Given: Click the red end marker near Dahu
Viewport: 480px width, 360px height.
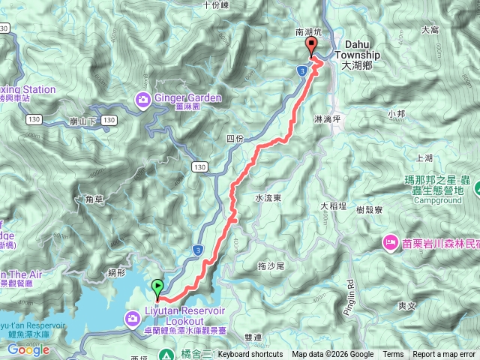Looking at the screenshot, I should (310, 48).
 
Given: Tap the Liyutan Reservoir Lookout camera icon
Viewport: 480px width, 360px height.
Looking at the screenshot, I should (133, 320).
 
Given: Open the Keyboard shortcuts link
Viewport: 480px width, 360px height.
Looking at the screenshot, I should (250, 355).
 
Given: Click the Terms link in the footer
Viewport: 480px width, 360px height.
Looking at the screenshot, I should (393, 355).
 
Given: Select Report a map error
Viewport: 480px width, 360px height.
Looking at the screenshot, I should (444, 355).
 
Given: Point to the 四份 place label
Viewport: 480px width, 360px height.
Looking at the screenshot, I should (235, 139).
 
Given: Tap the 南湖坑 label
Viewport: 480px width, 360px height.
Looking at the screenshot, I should (309, 33).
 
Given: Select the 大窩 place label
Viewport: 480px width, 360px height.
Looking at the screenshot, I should (430, 30).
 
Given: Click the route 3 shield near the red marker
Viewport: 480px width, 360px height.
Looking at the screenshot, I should (301, 70).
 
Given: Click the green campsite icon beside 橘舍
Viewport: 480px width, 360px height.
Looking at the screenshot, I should (166, 355).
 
